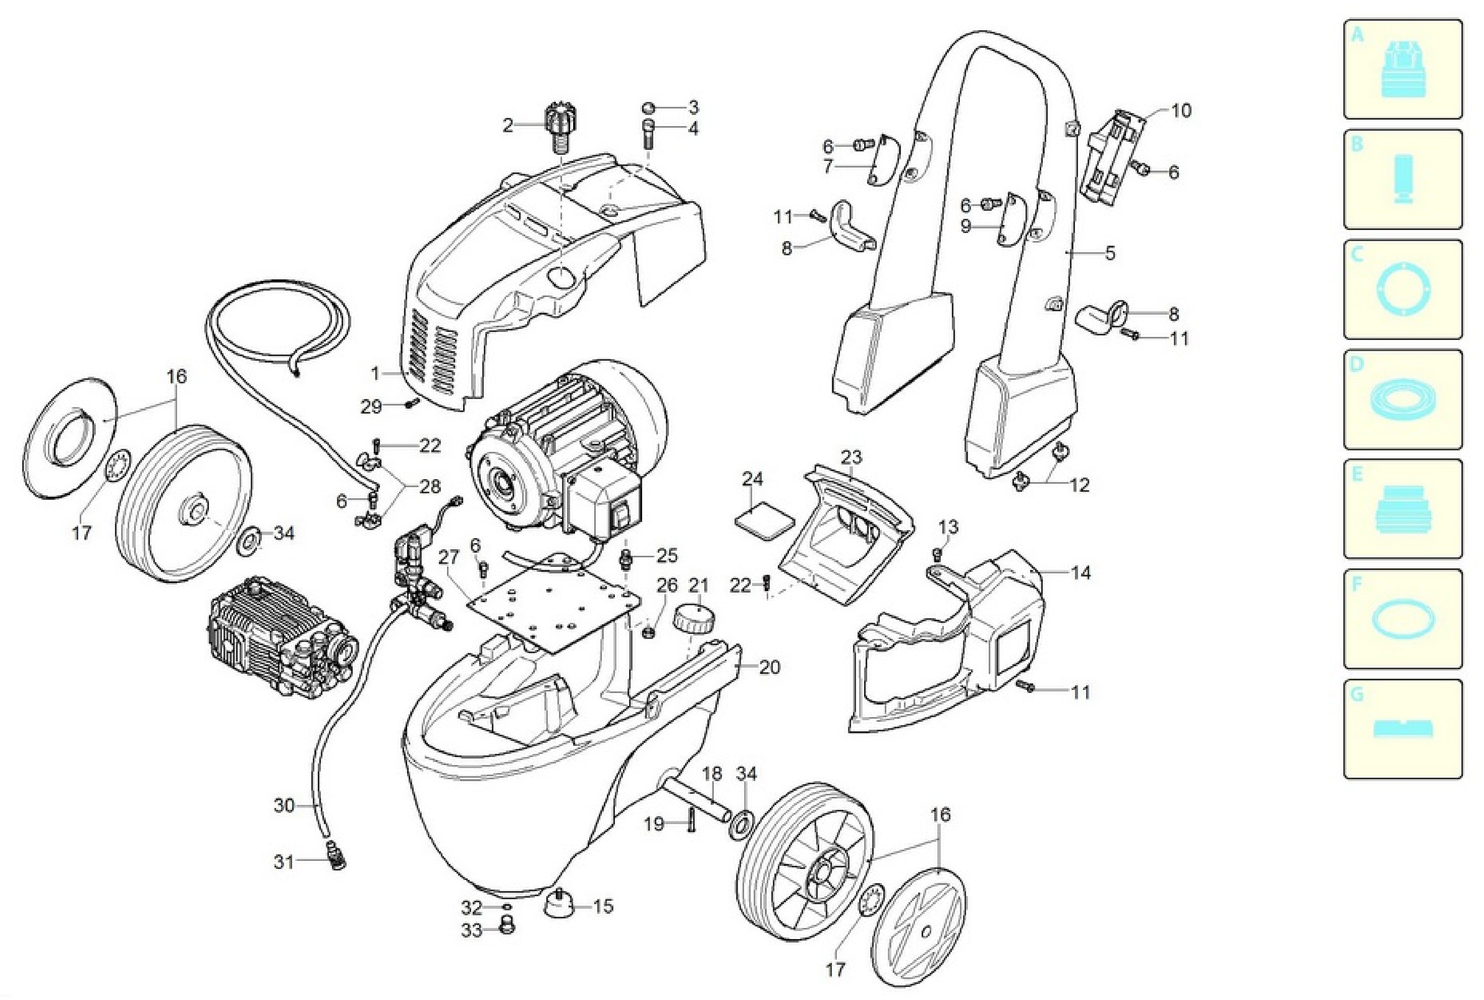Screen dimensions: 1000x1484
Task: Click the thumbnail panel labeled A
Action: click(1402, 69)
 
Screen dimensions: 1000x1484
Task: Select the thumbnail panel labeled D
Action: click(1402, 399)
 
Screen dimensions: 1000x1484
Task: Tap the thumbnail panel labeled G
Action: click(1402, 729)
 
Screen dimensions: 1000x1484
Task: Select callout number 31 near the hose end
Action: click(284, 862)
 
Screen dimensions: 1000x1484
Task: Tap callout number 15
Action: click(603, 906)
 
